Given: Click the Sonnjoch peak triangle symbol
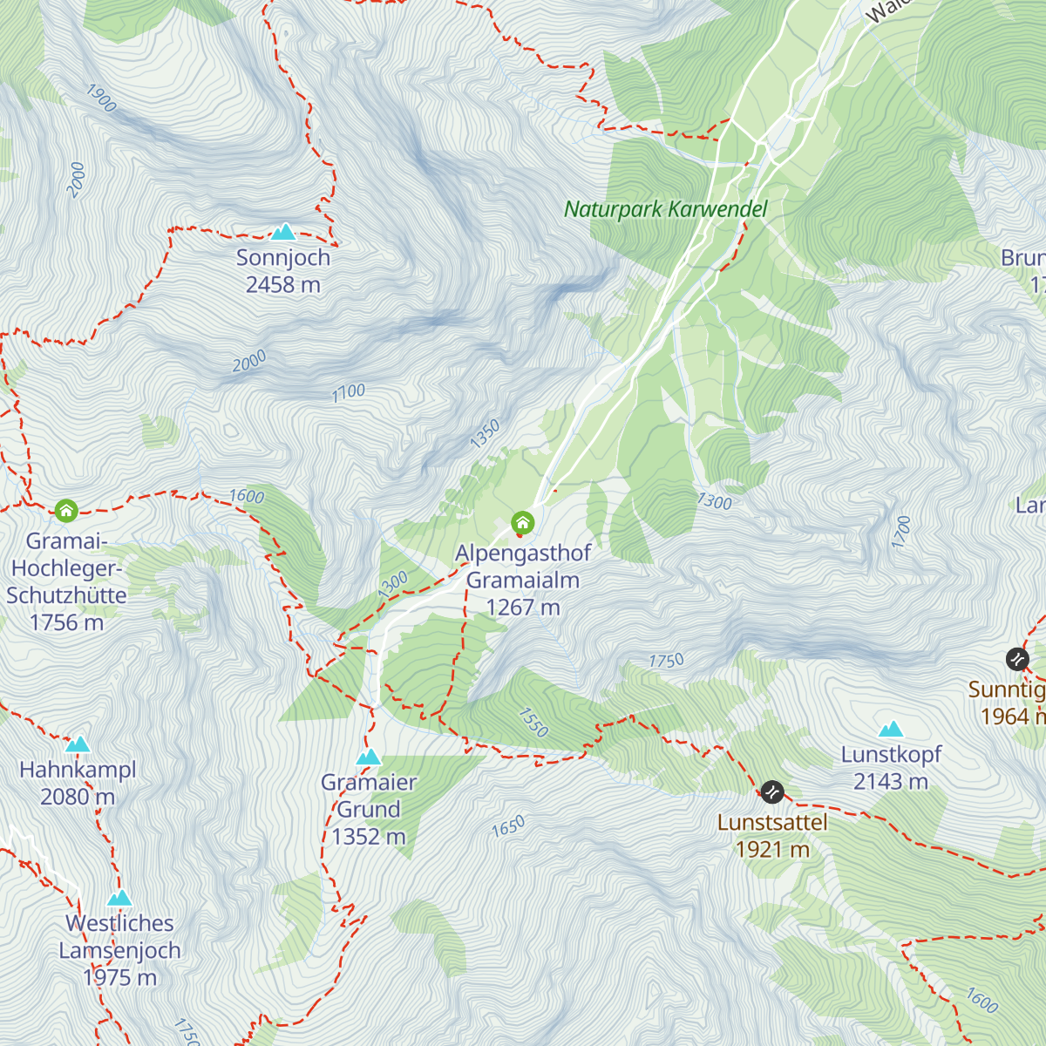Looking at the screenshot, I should click(283, 232).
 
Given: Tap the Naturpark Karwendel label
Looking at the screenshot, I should click(665, 209).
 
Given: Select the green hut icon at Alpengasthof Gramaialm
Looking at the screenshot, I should click(522, 523).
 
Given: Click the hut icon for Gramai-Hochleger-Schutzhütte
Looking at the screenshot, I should click(66, 510).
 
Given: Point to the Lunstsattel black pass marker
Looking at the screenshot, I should click(772, 791).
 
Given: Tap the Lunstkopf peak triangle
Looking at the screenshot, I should click(891, 729).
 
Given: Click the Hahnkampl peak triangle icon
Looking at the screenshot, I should click(78, 744).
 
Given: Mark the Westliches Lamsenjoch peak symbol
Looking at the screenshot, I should click(119, 898).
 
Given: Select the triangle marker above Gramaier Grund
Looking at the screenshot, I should click(369, 757).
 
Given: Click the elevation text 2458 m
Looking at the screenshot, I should click(283, 285).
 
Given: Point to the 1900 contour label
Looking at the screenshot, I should click(101, 98).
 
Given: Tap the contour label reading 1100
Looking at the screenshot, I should click(348, 393).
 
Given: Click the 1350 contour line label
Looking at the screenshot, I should click(486, 433).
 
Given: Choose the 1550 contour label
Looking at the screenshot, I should click(533, 722).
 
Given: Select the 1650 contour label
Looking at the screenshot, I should click(508, 825).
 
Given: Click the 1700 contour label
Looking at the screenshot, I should click(901, 532).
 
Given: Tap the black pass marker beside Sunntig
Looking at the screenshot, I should click(1017, 659).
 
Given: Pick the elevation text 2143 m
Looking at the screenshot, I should click(891, 782).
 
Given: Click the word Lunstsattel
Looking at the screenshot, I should click(772, 822).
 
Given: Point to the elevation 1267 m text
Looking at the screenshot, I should click(523, 608).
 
